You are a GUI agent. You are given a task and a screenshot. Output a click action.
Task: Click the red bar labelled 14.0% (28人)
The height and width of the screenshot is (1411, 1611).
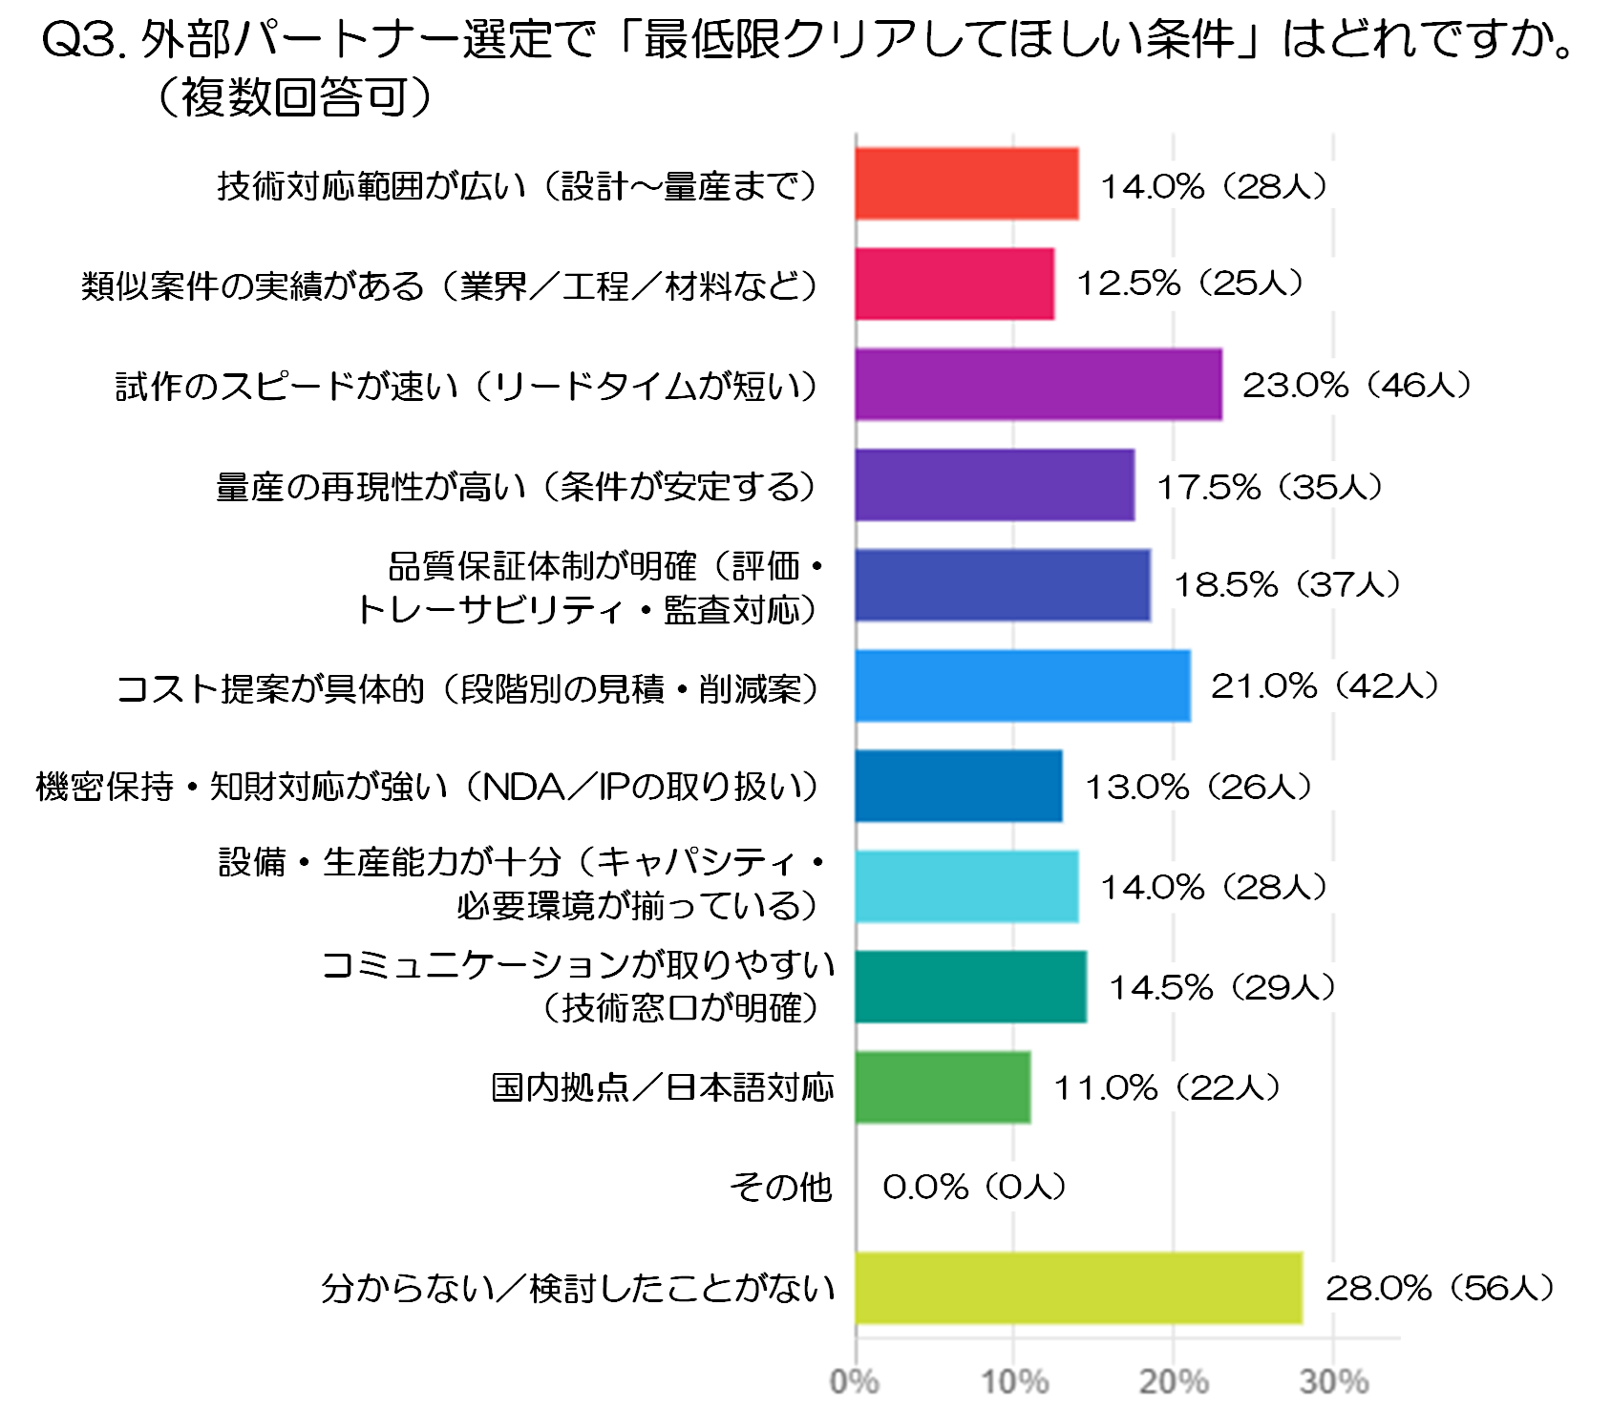click(966, 184)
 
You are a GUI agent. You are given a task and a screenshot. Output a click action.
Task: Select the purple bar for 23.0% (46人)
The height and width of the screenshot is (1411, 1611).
click(1038, 385)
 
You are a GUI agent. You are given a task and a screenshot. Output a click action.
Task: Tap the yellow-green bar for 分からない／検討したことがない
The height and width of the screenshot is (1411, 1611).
click(1078, 1288)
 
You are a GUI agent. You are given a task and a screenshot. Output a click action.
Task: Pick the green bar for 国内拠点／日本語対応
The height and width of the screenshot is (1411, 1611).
click(943, 1087)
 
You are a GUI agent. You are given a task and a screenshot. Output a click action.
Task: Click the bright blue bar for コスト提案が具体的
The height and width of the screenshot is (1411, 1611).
click(1023, 685)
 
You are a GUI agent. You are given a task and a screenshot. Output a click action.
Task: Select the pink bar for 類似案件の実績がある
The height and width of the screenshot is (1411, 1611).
click(954, 284)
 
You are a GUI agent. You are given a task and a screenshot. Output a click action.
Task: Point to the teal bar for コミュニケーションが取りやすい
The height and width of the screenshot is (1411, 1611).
click(970, 987)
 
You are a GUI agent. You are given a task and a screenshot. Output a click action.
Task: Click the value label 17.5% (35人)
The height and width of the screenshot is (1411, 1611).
click(1270, 487)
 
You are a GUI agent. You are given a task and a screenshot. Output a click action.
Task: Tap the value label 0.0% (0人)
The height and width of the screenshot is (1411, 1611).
click(974, 1187)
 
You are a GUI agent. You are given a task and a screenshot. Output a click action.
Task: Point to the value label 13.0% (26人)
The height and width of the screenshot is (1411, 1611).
click(1198, 787)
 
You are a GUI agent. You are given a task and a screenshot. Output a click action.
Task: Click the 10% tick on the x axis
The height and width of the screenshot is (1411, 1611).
click(1014, 1381)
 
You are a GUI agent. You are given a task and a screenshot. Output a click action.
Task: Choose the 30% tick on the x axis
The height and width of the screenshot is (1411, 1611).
click(1334, 1381)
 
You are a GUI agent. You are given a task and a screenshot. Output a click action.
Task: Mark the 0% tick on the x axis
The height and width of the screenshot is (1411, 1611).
click(855, 1381)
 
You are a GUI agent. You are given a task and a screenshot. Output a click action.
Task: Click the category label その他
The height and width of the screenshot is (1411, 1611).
click(781, 1188)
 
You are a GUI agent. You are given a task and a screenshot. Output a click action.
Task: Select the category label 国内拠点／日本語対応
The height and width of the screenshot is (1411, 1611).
click(663, 1087)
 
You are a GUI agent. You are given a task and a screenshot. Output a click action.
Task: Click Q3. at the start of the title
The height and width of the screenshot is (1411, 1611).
click(84, 40)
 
